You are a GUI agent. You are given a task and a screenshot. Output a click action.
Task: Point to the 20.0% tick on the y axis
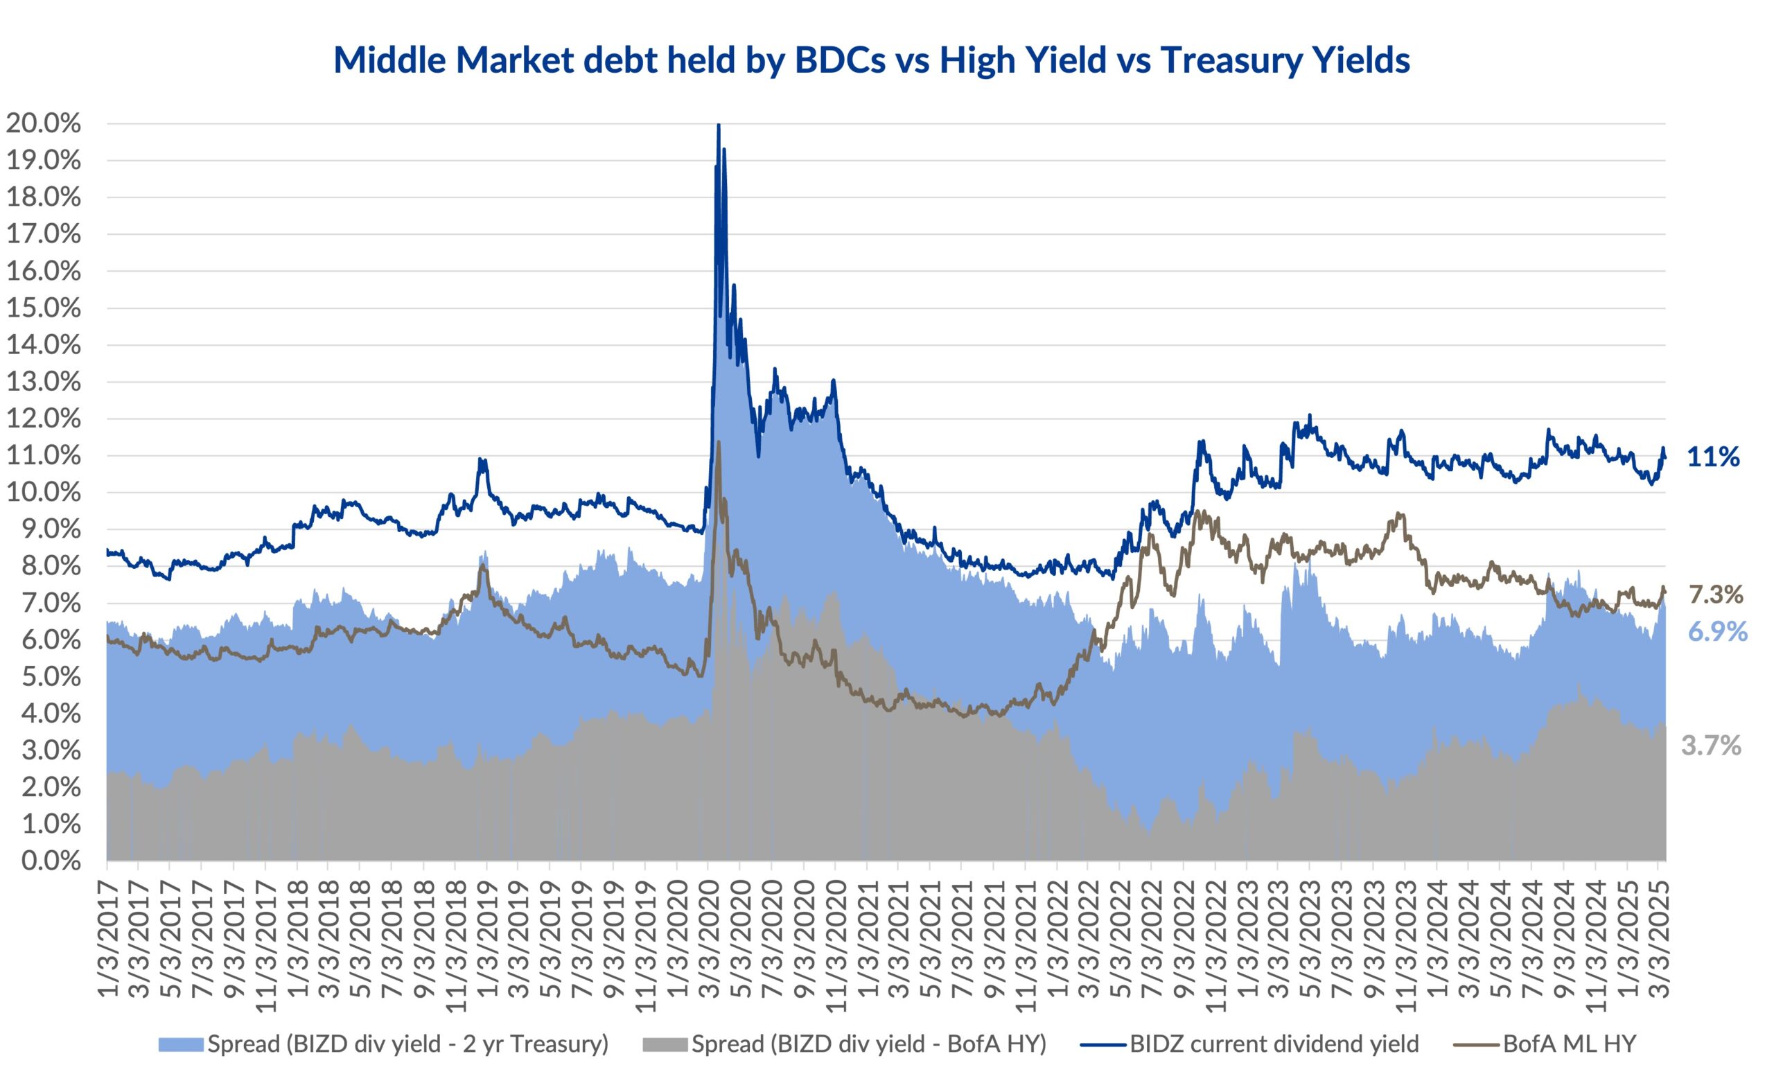tap(42, 124)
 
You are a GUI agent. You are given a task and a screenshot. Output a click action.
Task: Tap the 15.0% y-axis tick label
tap(42, 308)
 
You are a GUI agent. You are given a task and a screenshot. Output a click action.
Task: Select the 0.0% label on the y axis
tap(51, 861)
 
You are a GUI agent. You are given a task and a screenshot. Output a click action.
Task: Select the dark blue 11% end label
tap(1713, 457)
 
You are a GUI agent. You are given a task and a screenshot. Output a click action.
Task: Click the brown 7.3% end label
tap(1716, 595)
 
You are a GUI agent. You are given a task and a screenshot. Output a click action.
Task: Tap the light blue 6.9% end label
tap(1717, 631)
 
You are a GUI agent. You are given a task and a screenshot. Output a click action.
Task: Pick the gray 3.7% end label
tap(1711, 746)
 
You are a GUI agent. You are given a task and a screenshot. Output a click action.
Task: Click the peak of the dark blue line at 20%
tap(719, 126)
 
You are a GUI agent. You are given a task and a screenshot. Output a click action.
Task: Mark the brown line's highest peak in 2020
tap(718, 442)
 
